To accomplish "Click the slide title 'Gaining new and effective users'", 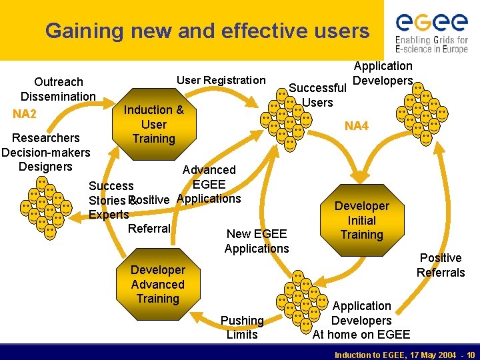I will [x=207, y=31].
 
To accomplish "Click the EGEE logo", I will [x=431, y=23].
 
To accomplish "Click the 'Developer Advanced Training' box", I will [x=158, y=284].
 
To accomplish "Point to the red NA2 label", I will [x=25, y=114].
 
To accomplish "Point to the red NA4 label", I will [x=356, y=126].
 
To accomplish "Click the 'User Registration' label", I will [x=221, y=81].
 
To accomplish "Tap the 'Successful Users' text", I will [x=317, y=95].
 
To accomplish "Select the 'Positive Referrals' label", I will [x=440, y=265].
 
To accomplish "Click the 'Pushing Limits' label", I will [x=242, y=327].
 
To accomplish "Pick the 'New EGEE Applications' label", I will [x=257, y=241].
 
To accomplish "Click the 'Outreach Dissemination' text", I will [x=58, y=89].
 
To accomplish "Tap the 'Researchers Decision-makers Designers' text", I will [x=45, y=152].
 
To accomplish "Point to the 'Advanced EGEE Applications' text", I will [x=209, y=184].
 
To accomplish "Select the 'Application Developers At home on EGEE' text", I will [x=361, y=320].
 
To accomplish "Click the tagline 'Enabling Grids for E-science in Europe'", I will [x=431, y=45].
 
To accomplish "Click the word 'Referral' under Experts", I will [x=149, y=229].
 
